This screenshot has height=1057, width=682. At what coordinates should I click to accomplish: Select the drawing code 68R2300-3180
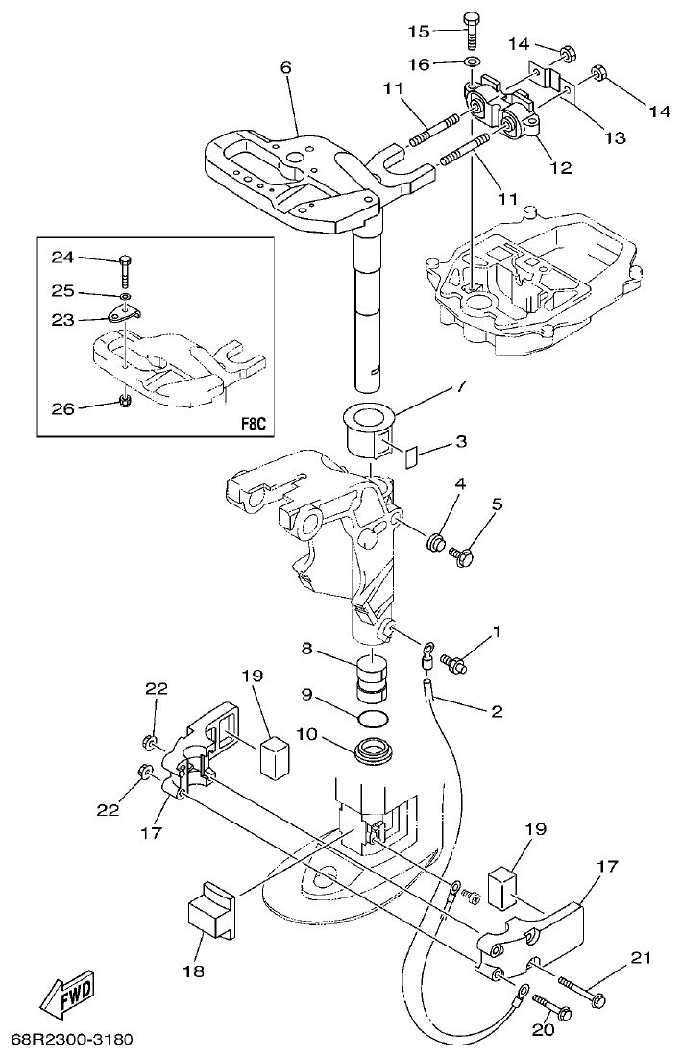coord(72,1039)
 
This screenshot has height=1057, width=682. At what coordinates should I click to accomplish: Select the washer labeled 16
coord(472,63)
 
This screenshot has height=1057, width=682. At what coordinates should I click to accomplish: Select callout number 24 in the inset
coord(62,257)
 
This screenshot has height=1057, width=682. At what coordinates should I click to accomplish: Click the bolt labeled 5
coord(465,554)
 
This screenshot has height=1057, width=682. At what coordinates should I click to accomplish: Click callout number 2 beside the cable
coord(497,712)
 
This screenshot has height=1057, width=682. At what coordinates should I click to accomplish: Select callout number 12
coord(560,166)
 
